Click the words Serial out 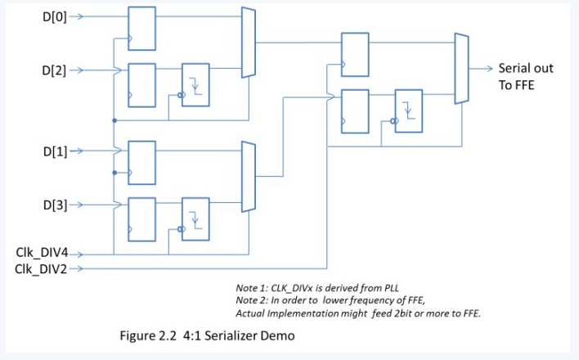[526, 68]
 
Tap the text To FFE [517, 84]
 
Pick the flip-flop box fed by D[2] [142, 83]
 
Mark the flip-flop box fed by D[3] [142, 219]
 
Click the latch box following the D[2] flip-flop [195, 83]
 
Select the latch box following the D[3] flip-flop [195, 219]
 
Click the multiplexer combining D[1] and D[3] [249, 178]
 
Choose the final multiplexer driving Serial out [461, 69]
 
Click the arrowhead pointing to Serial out [488, 68]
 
